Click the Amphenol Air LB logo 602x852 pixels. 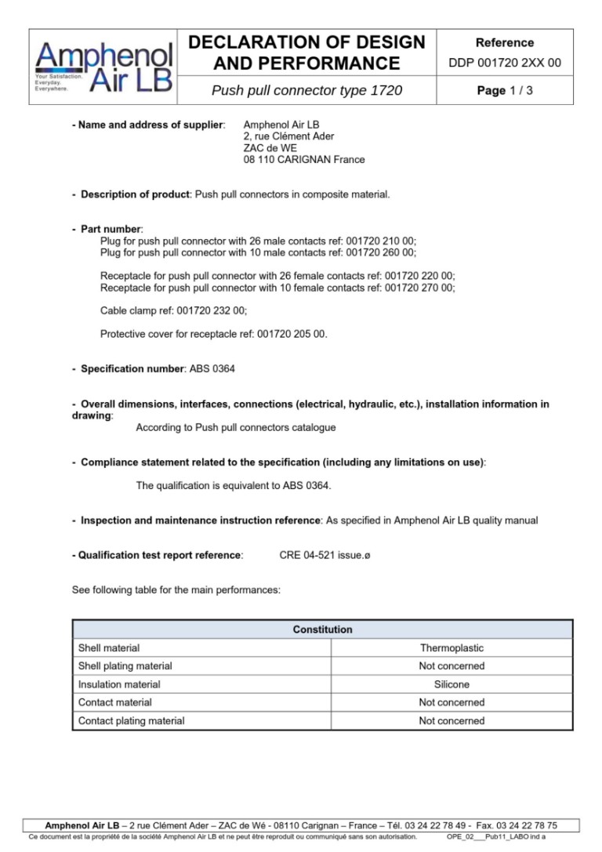(x=103, y=67)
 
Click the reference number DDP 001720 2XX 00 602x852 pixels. (x=505, y=63)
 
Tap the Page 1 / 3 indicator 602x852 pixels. (x=505, y=91)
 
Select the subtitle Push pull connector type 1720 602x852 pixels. (x=306, y=91)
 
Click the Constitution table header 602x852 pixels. (x=322, y=629)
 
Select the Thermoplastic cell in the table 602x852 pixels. (x=451, y=648)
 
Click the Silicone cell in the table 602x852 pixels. (x=451, y=684)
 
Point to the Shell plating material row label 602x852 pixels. (x=125, y=666)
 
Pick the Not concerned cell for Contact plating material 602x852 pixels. (x=451, y=720)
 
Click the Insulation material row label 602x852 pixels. (x=119, y=684)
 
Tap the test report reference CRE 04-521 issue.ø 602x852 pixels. (x=325, y=555)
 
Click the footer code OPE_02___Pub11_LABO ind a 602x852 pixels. (x=495, y=837)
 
